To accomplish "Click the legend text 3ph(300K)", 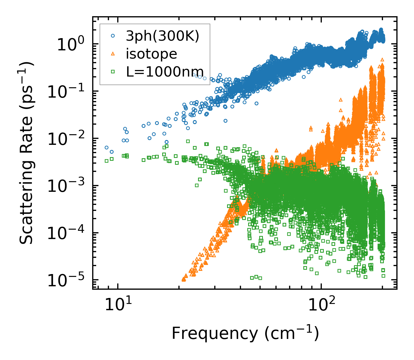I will (162, 36).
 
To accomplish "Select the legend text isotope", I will (151, 54).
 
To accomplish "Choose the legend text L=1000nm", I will (165, 71).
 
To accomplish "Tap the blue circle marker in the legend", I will (113, 36).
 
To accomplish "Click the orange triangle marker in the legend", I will (113, 54).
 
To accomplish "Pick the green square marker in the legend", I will (113, 71).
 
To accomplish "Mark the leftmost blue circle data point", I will (106, 147).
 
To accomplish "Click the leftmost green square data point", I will (106, 161).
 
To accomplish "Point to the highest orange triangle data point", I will (382, 59).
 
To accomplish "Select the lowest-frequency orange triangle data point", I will (184, 279).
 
